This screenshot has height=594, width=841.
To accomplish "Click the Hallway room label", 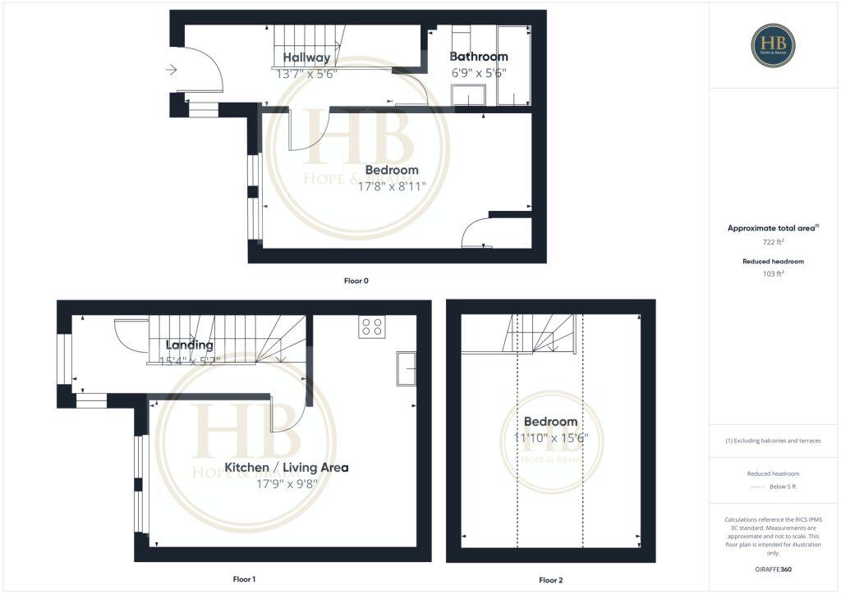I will [306, 57].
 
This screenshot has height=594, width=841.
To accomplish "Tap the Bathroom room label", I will [479, 57].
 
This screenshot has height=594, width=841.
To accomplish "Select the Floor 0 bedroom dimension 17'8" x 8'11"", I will [391, 185].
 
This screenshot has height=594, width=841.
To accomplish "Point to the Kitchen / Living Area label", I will [287, 468].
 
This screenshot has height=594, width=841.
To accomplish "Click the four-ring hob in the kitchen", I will [371, 327].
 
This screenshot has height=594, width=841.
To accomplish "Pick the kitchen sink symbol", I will [406, 368].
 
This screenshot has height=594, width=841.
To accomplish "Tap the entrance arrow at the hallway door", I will [171, 71].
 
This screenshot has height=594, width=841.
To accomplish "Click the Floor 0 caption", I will [356, 281].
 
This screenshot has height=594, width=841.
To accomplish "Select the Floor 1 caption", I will [244, 579].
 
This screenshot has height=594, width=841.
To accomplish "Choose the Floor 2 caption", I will [550, 580].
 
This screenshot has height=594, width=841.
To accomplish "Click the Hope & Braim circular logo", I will [773, 45].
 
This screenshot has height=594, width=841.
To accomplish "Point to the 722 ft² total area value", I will [773, 242].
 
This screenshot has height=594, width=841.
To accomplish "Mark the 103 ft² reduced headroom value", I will [773, 275].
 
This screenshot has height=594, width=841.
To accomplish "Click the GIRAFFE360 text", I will [773, 569].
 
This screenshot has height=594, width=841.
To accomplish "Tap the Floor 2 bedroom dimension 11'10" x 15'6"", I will [551, 438].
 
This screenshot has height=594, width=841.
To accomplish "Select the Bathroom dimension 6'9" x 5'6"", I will [479, 72].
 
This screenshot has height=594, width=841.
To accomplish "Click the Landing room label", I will [189, 345].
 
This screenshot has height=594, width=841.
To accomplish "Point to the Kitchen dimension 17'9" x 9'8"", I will [287, 483].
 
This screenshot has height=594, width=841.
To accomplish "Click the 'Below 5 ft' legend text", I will [784, 487].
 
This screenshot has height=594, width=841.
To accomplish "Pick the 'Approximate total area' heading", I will [773, 228].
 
